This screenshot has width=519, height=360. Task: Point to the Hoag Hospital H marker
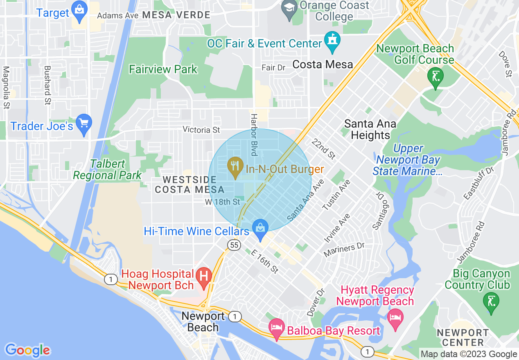pos(203,277)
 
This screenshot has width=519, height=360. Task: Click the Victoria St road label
pos(201,130)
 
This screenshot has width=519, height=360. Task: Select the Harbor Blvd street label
pos(254,135)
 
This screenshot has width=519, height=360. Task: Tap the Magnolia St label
pos(6,88)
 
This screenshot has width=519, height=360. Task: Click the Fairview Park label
pos(163,70)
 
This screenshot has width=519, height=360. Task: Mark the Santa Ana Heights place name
pos(370,129)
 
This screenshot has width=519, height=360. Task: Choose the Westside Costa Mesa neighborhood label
pos(190,184)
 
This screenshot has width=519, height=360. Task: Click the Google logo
pos(28,350)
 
